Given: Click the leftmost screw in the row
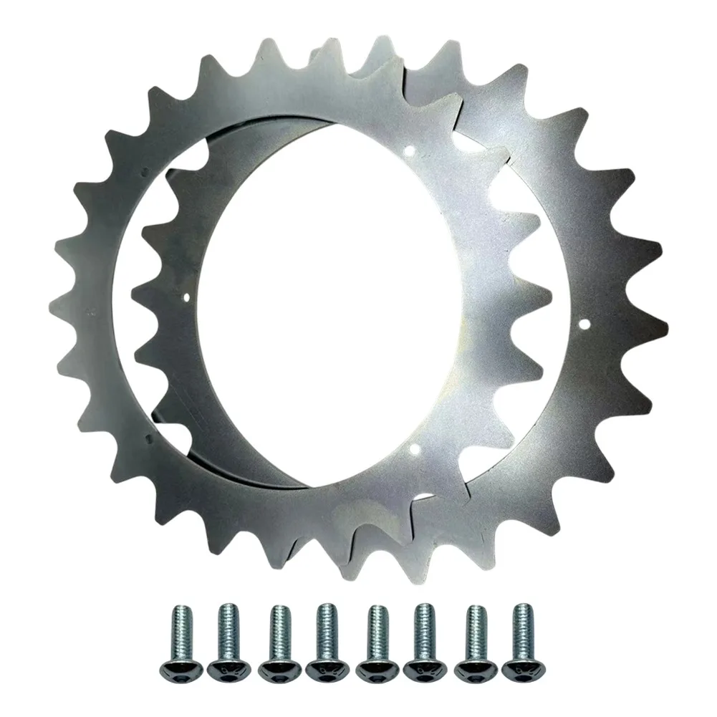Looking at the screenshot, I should pyautogui.click(x=179, y=639).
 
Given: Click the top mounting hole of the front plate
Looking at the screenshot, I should pyautogui.click(x=409, y=150).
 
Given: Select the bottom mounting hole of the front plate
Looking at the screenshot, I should pyautogui.click(x=414, y=449).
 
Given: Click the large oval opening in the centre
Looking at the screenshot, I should pyautogui.click(x=337, y=301).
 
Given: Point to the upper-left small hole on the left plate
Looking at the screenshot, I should pyautogui.click(x=145, y=171).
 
